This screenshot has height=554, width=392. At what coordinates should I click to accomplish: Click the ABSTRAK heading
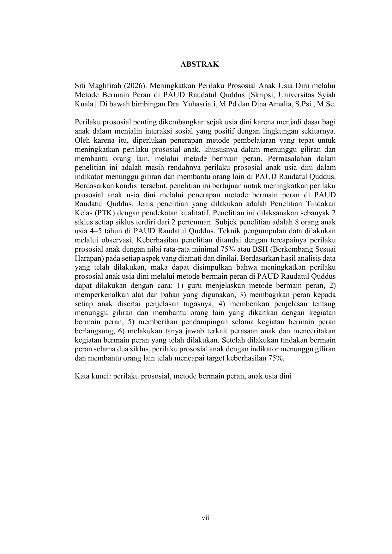[199, 64]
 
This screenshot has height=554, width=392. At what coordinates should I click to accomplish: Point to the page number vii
[206, 518]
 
